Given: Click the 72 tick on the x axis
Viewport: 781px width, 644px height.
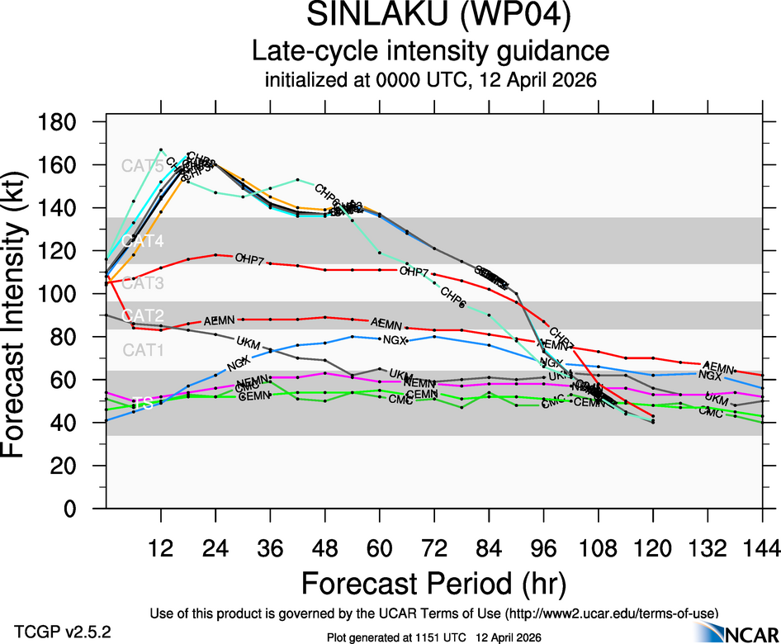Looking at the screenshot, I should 434,547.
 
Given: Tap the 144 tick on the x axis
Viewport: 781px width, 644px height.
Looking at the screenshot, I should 761,547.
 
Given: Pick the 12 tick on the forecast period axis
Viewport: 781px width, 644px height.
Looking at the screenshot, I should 161,547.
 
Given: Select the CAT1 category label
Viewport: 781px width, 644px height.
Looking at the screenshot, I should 143,350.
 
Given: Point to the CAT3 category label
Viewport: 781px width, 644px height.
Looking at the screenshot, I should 143,284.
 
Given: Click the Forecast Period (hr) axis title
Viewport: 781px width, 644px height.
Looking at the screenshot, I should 433,583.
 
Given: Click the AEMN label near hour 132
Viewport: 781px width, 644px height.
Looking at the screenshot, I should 718,367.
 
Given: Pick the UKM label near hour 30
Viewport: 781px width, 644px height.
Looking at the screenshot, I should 248,342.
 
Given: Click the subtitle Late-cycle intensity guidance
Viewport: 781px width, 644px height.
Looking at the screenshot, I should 430,51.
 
